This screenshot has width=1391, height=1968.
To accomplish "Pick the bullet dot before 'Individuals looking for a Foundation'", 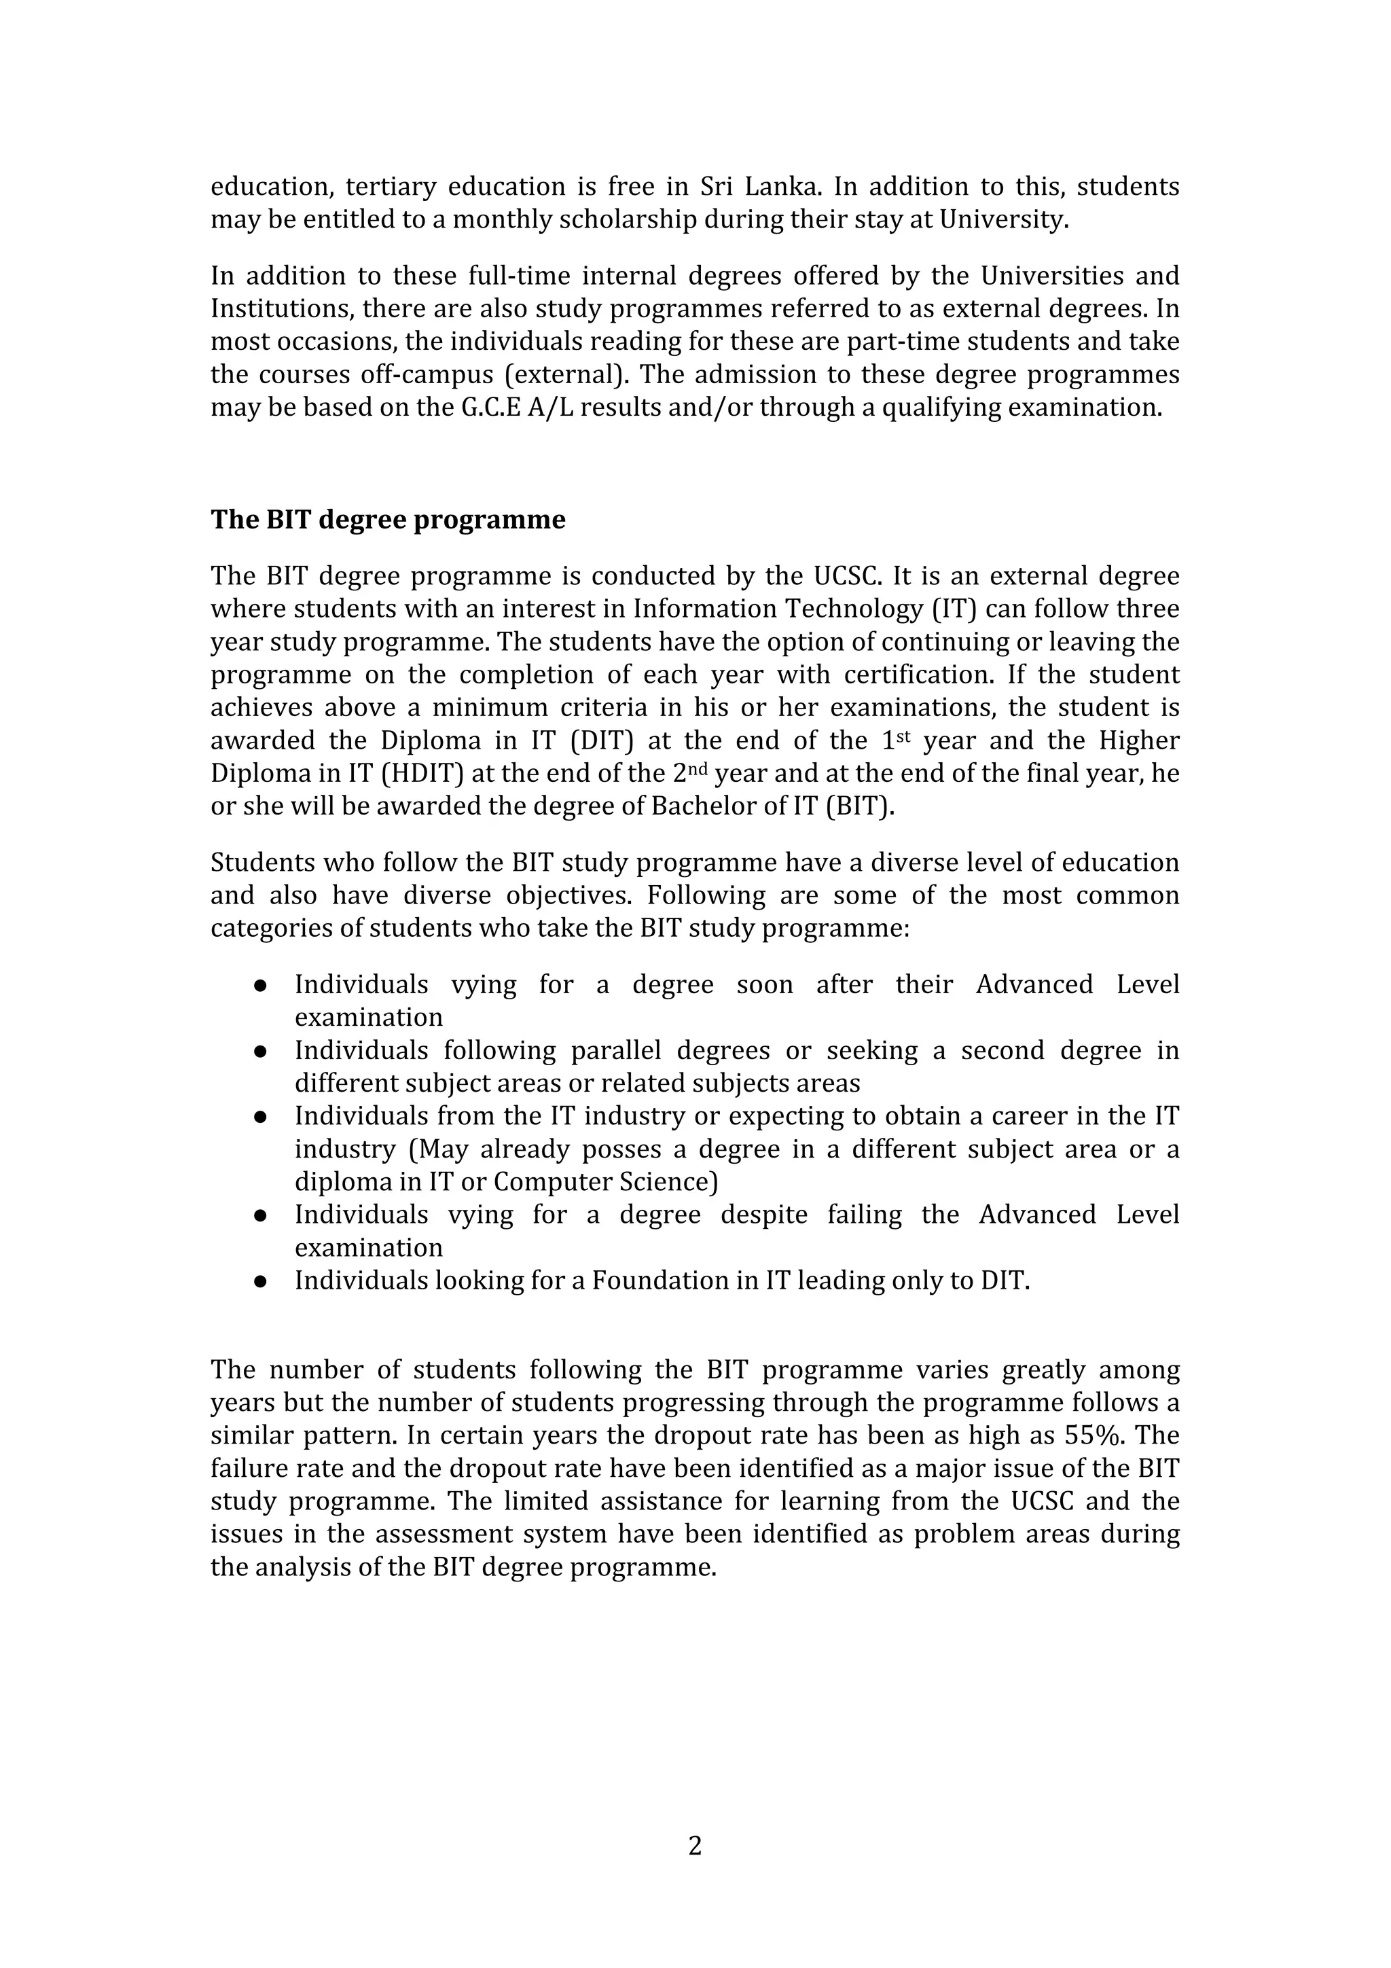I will [x=261, y=1281].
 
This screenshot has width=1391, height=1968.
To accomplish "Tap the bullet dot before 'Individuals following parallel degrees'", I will [x=261, y=1052].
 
